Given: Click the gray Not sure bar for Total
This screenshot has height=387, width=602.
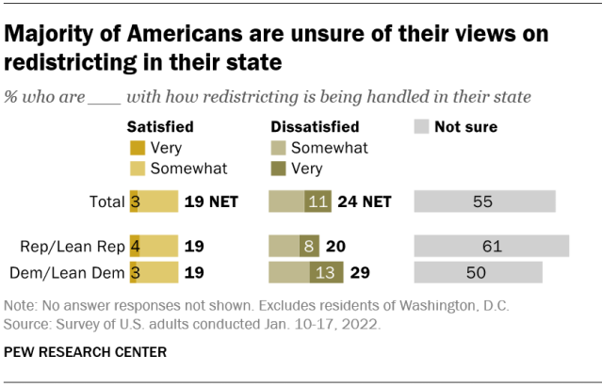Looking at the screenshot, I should (484, 201).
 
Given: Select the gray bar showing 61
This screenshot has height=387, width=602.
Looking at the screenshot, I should (491, 247).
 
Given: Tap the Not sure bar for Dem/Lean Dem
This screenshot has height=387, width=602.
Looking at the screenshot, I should (478, 272).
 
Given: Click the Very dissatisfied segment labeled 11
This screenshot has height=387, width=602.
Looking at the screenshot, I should (317, 201).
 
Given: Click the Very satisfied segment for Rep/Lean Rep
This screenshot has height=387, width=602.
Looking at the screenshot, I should (135, 247).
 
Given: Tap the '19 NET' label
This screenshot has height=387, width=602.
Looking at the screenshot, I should (211, 201).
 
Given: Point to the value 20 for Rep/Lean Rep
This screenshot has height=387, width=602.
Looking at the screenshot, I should (334, 247).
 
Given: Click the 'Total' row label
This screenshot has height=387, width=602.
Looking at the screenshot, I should (106, 201).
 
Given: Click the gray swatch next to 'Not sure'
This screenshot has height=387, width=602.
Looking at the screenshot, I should (422, 126).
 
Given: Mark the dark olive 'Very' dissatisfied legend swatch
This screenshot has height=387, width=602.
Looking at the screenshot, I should (278, 169).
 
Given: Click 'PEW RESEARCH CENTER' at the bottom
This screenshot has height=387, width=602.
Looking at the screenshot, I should (87, 353).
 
